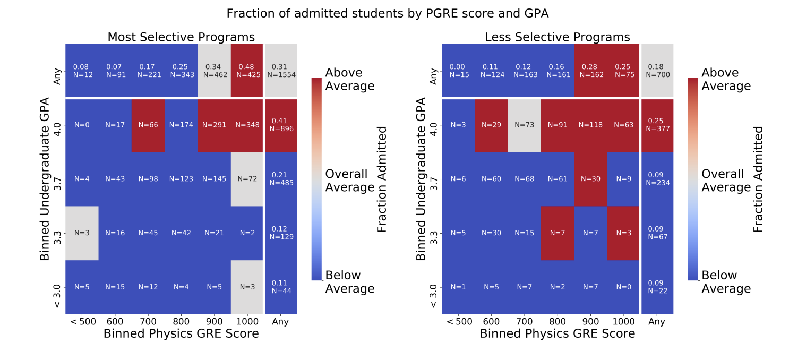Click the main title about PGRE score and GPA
click(x=387, y=14)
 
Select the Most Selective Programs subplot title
click(x=181, y=37)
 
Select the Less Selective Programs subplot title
click(x=558, y=37)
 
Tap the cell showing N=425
click(x=247, y=71)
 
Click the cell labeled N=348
click(x=247, y=125)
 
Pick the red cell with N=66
click(x=148, y=125)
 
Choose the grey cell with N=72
click(x=247, y=179)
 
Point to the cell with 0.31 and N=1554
click(x=280, y=71)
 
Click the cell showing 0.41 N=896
click(x=280, y=125)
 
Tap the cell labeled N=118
click(x=590, y=125)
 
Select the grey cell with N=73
click(x=525, y=125)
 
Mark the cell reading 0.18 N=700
click(x=657, y=71)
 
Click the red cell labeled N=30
click(x=590, y=179)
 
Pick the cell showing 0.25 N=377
click(x=657, y=125)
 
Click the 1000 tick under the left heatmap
click(x=247, y=322)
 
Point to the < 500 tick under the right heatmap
click(x=458, y=322)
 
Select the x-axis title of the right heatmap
click(x=558, y=334)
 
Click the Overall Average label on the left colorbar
click(x=350, y=181)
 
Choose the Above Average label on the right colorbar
click(x=726, y=79)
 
